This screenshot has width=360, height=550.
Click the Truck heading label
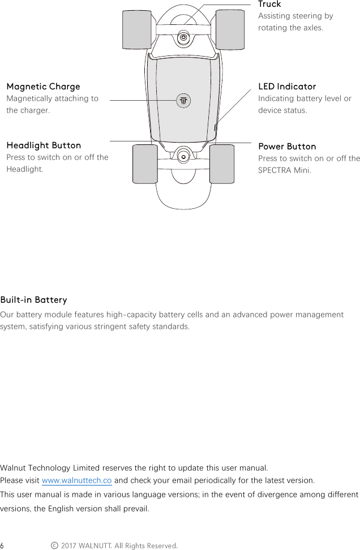pos(269,5)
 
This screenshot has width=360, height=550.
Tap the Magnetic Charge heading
pos(43,87)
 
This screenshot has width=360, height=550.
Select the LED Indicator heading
pos(287,87)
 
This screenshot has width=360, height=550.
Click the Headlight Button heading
pos(44,145)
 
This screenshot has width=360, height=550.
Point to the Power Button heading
pos(287,147)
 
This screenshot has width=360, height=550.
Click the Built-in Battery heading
pos(34,300)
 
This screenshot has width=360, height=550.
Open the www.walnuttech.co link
pos(76,480)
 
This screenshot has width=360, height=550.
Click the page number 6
pos(3,545)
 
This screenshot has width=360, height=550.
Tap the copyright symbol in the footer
pos(54,545)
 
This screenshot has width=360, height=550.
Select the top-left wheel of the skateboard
pos(138,30)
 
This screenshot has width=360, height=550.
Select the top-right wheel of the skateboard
pos(230,29)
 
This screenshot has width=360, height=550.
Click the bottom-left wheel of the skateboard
pos(145,164)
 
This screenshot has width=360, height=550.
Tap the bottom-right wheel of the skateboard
pos(222,164)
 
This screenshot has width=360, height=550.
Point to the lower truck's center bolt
pos(182,154)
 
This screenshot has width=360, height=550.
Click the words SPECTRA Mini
pos(284,170)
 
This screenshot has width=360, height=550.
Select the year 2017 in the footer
pos(68,545)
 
